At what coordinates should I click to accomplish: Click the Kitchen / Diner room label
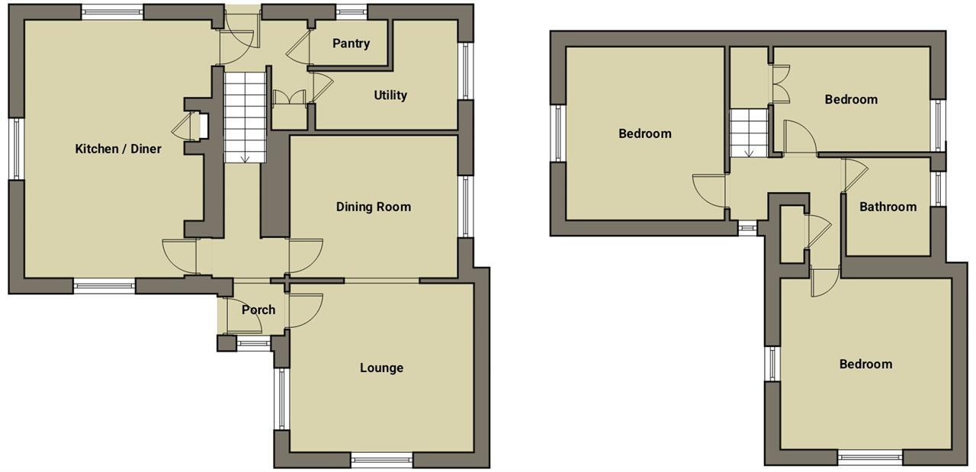coord(118,149)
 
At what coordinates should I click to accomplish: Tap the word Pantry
coord(351,43)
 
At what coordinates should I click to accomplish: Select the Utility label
coord(390,95)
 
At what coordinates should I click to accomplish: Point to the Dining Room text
coord(374,207)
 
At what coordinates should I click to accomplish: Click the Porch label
coord(258,310)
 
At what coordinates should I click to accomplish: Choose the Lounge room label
coord(381,368)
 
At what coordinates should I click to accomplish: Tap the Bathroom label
coord(888,207)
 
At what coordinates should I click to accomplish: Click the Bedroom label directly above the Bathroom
coord(851,99)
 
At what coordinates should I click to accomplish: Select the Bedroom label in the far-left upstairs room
coord(644,133)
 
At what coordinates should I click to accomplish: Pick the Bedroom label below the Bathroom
coord(865,364)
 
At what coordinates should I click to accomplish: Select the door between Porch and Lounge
coord(303,309)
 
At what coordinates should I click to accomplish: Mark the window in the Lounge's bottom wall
coord(381,459)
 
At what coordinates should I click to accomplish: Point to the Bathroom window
coord(938,189)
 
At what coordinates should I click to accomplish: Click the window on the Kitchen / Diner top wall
coord(113,11)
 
